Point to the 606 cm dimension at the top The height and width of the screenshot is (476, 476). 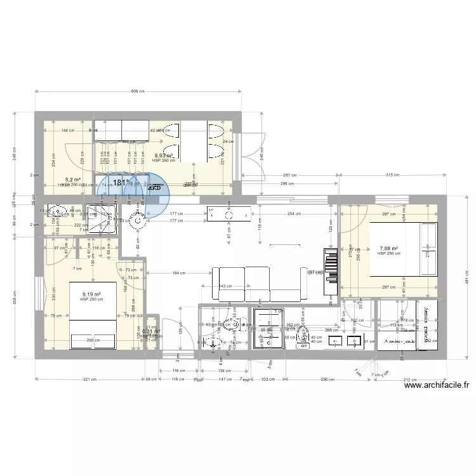click(x=138, y=91)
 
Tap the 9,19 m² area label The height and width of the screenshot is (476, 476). click(x=93, y=294)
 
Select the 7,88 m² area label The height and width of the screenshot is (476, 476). click(x=388, y=249)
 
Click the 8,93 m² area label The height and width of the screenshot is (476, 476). click(x=164, y=155)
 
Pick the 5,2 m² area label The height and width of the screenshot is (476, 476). click(x=72, y=180)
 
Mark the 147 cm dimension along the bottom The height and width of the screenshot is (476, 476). click(x=223, y=380)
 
